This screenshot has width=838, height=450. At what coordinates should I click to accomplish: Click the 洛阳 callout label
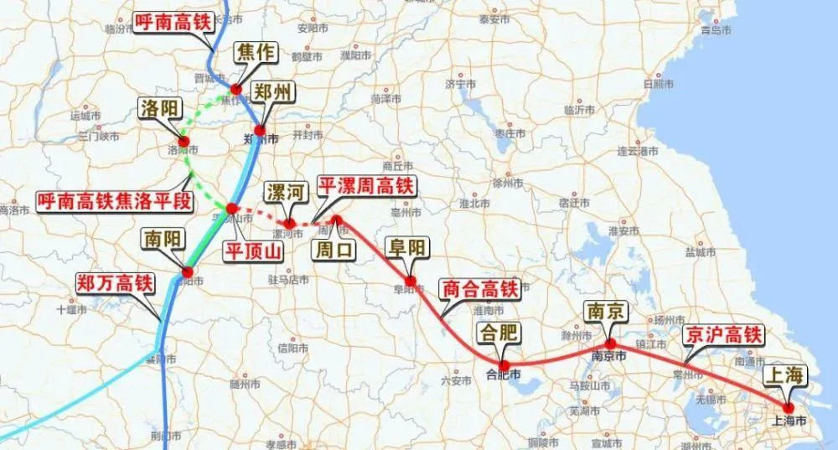tap(163, 109)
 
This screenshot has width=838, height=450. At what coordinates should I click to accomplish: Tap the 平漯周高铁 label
tap(367, 186)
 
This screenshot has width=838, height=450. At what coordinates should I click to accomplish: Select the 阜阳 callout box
tap(406, 248)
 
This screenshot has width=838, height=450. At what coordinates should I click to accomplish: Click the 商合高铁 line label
tap(480, 290)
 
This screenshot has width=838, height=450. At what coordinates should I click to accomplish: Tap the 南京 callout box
tap(606, 313)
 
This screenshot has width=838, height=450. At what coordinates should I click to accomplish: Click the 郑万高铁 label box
tap(114, 283)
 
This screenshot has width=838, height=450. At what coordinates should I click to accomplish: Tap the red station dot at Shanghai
tap(789, 407)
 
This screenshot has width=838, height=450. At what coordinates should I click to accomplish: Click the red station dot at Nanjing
tap(610, 344)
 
